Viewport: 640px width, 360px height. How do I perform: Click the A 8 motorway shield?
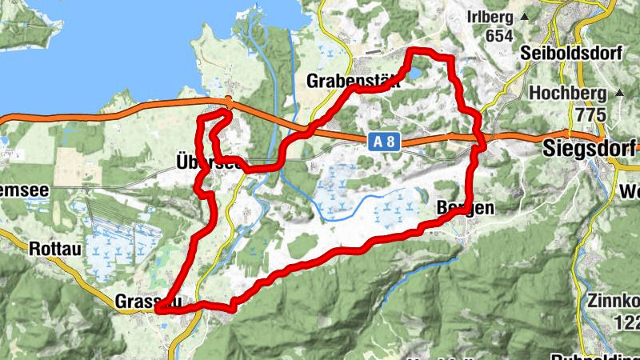click(x=382, y=142)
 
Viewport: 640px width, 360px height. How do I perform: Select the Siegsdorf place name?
click(x=590, y=147)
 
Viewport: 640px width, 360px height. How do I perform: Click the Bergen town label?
click(x=461, y=207)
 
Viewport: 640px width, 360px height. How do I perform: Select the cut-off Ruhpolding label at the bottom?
click(x=596, y=356)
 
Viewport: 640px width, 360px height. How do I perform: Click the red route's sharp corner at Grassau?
click(x=158, y=309)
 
